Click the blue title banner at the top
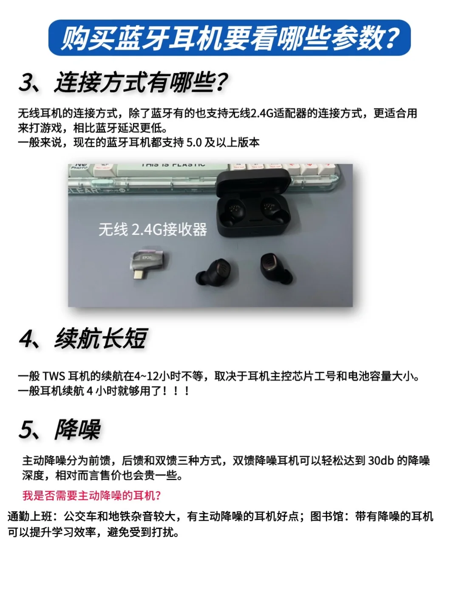[229, 37]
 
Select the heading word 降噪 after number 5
[78, 429]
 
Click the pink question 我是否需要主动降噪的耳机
[92, 495]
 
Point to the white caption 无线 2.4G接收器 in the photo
[153, 229]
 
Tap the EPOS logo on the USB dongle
[147, 257]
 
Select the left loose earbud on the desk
[213, 272]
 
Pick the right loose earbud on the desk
[276, 268]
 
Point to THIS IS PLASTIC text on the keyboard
[173, 165]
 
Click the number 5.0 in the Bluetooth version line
[194, 143]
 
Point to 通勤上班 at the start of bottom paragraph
[30, 517]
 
